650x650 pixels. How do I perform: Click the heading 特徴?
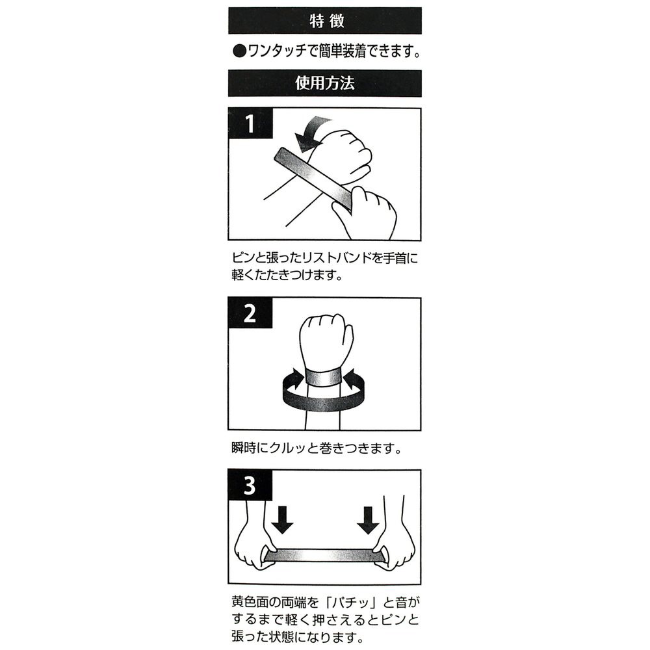[327, 21]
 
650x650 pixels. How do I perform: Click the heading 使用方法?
[325, 83]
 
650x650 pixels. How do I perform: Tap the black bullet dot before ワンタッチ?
[239, 52]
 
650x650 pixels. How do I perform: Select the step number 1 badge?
[250, 123]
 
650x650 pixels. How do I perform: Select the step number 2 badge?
[250, 313]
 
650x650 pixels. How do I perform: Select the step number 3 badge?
[250, 485]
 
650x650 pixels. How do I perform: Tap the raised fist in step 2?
[326, 340]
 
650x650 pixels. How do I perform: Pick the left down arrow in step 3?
[282, 519]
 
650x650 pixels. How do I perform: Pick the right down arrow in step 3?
[368, 519]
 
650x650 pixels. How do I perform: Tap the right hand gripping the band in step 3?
[394, 539]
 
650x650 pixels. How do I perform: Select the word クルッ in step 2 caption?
[289, 448]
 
